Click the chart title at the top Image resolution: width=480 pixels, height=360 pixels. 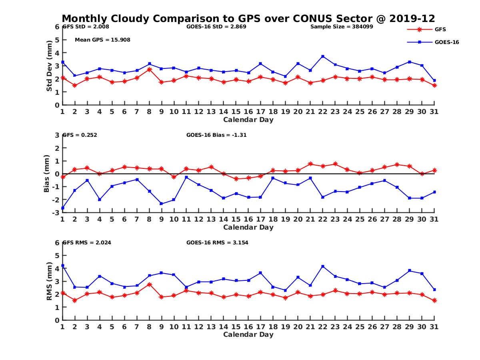point(248,18)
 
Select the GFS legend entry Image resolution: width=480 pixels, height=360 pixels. point(440,29)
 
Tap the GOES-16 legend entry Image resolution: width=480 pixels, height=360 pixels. point(446,42)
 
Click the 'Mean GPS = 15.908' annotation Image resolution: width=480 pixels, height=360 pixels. point(102,40)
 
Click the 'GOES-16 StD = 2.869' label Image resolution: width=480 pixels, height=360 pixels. point(216,27)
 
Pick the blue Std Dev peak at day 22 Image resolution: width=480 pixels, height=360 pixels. point(323,56)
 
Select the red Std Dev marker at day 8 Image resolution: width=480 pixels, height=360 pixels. point(149,69)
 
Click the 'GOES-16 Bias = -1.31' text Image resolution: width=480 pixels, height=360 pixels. point(216,135)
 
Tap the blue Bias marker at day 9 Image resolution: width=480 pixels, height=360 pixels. point(161,204)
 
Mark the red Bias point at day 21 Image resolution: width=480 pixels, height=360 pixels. point(310,164)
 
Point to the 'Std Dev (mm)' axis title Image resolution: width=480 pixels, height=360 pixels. point(49,66)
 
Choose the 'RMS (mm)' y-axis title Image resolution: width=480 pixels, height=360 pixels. point(49,282)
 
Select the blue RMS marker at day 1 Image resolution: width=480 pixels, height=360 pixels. point(62,266)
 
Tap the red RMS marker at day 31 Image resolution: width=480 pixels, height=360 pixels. point(434,300)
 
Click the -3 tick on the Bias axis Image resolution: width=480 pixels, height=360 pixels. point(56,212)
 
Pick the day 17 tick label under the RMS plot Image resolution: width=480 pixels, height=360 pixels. point(260,327)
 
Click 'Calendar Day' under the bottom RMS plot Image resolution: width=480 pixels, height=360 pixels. point(248,334)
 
